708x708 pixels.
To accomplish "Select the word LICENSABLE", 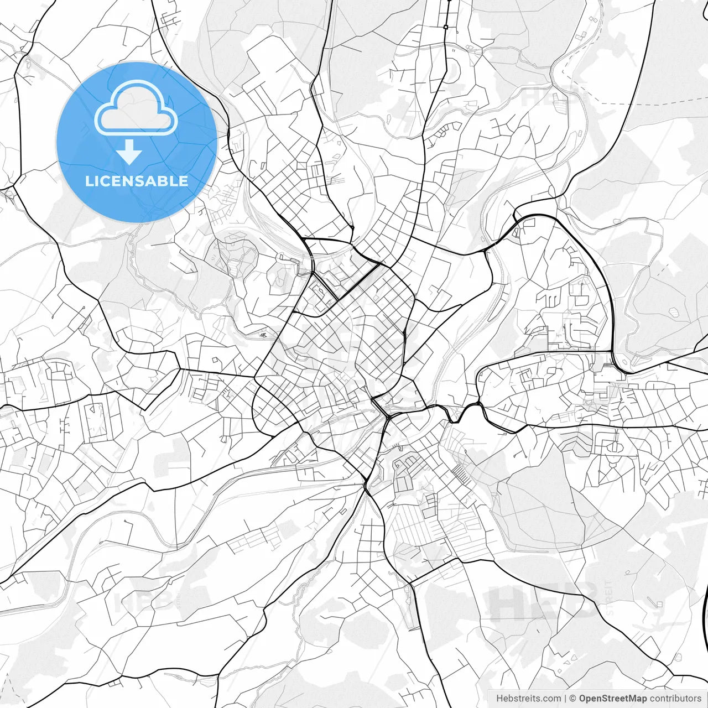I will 137,181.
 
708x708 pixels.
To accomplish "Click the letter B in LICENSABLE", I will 164,181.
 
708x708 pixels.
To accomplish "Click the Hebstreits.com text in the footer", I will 528,699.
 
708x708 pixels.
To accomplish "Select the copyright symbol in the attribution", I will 573,699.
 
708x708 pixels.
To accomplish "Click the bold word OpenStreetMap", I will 613,699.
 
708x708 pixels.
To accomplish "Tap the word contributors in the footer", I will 675,699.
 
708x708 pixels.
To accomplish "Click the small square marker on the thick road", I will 445,27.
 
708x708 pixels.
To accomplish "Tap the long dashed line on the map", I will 653,103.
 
